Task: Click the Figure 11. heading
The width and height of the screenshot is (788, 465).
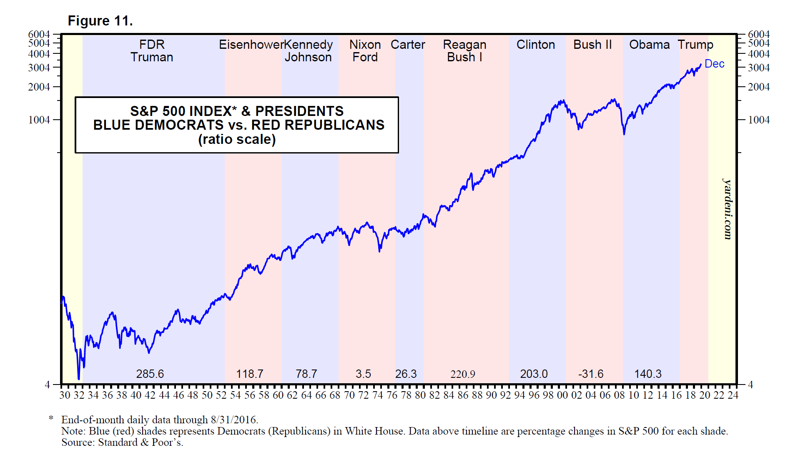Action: (x=100, y=21)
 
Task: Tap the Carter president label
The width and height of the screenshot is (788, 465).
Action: (x=408, y=45)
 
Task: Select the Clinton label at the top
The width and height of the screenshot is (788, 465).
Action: (x=535, y=45)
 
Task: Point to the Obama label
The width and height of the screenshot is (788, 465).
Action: (x=649, y=45)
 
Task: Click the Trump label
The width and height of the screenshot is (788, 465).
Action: (x=695, y=45)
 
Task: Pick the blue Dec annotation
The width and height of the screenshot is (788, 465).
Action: (x=714, y=64)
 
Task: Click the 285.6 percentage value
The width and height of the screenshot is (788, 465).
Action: (x=150, y=374)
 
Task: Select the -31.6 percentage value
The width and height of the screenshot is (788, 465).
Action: (x=591, y=374)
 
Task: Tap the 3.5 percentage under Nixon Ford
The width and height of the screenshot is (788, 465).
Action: (x=363, y=374)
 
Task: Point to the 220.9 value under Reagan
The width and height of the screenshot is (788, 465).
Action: (x=463, y=374)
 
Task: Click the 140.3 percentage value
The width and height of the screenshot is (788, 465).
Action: (x=648, y=374)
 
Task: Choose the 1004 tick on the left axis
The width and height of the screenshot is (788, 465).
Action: (x=39, y=120)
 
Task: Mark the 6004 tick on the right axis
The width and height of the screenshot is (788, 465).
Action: (x=759, y=34)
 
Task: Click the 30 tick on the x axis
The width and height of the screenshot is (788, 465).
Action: (x=65, y=395)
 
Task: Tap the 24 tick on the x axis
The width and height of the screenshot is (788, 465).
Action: (x=733, y=395)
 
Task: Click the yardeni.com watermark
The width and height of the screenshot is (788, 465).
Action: (x=728, y=209)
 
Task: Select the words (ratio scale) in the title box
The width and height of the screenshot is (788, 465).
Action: (x=237, y=139)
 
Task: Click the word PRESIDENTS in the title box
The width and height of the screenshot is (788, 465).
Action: (x=299, y=111)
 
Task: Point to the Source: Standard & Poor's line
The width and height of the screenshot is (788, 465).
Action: (x=122, y=442)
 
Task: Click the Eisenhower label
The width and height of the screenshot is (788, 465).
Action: (x=251, y=45)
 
